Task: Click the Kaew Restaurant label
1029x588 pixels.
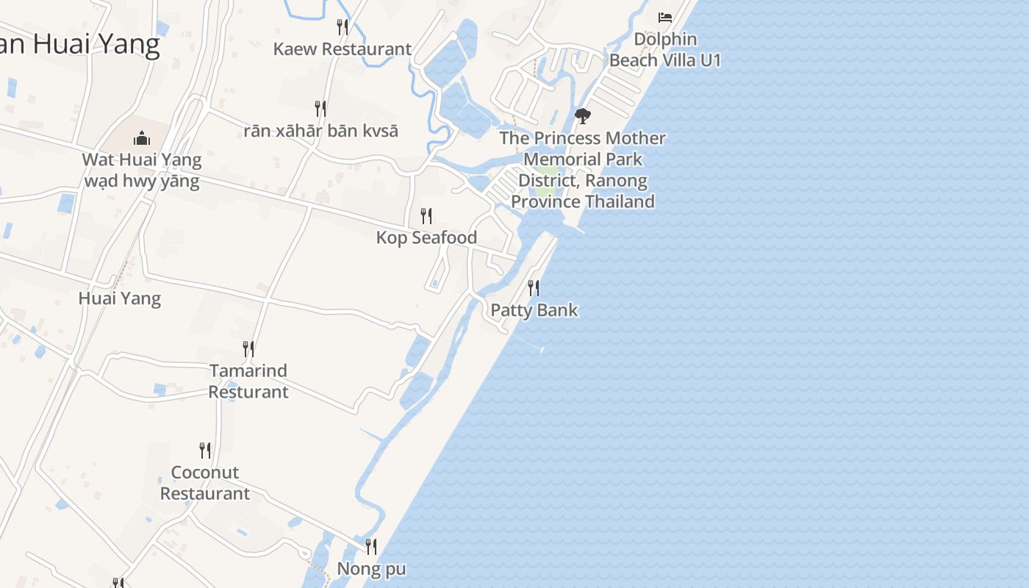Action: point(342,49)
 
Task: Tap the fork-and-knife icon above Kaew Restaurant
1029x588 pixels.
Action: point(342,27)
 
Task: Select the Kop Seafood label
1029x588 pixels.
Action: point(426,237)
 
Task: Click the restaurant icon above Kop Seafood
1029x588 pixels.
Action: point(426,215)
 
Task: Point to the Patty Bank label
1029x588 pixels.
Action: point(534,310)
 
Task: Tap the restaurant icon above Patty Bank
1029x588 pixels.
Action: point(534,288)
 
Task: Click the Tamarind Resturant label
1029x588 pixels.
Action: point(248,381)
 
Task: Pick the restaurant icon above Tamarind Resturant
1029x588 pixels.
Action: point(248,348)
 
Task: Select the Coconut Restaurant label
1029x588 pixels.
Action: point(205,482)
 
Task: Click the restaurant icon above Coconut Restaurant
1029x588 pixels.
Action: point(205,450)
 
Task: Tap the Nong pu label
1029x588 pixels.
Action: point(371,569)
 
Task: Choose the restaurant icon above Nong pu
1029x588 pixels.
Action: point(371,547)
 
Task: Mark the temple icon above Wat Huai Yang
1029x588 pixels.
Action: point(141,137)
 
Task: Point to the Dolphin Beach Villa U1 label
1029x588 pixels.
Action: point(665,49)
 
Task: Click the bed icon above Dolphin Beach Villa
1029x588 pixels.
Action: point(665,17)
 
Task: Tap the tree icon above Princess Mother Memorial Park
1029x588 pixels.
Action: point(583,116)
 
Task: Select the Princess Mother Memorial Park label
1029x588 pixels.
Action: point(583,169)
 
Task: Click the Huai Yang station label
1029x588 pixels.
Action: point(119,298)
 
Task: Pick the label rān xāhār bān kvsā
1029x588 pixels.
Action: point(320,131)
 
